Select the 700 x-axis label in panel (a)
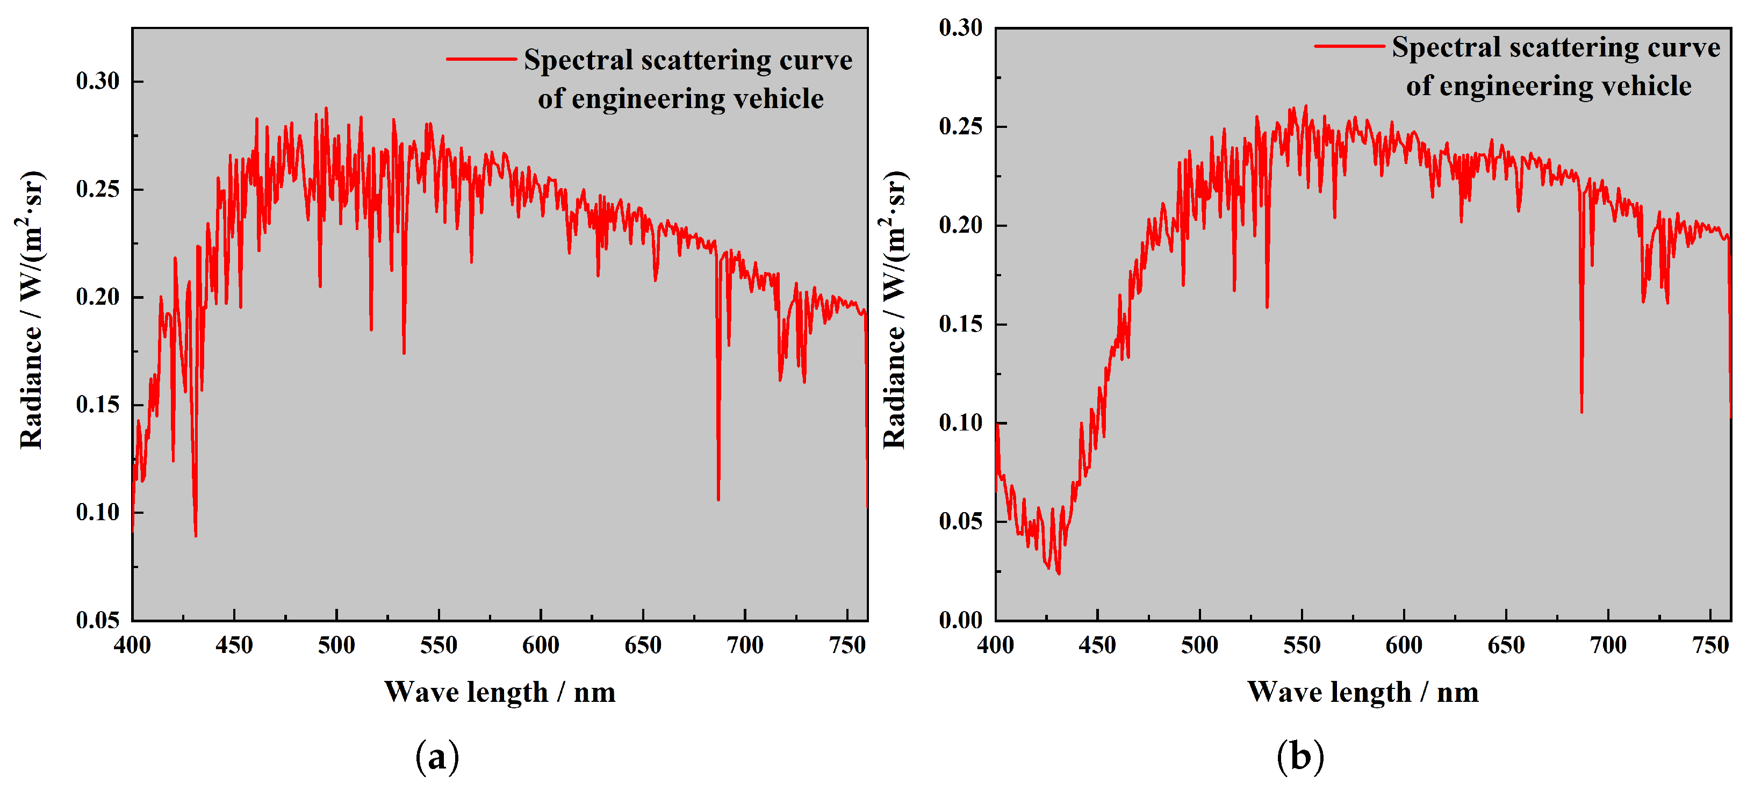coord(745,645)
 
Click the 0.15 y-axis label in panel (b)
coord(960,324)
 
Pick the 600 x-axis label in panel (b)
coord(1404,645)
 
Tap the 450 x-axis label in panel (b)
coord(1097,645)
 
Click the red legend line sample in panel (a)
coord(481,60)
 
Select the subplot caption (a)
coord(437,756)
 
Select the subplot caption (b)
coord(1299,756)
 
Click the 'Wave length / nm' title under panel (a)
coord(500,692)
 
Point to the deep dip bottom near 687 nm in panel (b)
coord(1581,412)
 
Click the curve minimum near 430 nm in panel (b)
coord(1059,573)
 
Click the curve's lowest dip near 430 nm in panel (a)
coord(196,536)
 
